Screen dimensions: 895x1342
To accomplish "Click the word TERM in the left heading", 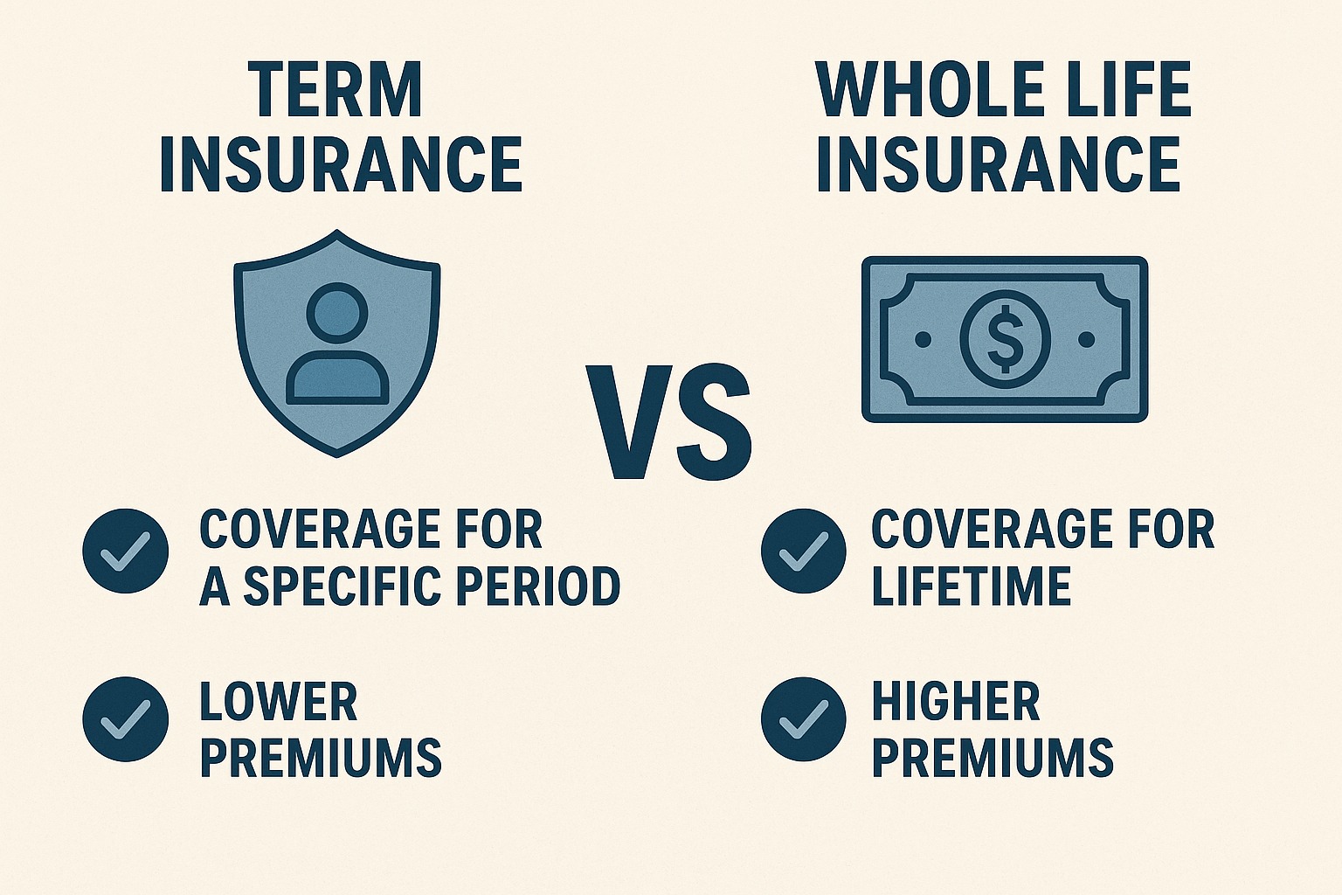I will (x=335, y=89).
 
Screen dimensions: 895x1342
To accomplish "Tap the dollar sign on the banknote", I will (x=1005, y=338).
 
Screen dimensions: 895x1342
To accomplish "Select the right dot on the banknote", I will (x=1087, y=338).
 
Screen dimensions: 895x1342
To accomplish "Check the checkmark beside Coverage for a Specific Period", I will (x=126, y=551).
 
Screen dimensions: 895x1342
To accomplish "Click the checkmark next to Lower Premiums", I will (x=126, y=718).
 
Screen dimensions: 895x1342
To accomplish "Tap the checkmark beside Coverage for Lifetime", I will (x=803, y=551).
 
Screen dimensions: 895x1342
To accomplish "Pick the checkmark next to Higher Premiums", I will (x=803, y=718).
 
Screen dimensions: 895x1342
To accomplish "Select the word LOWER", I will (x=279, y=702).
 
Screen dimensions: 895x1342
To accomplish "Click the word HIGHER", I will (x=956, y=702).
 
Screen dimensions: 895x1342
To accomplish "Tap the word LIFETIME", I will (x=972, y=586).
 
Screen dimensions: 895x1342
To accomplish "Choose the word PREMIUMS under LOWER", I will (x=321, y=757).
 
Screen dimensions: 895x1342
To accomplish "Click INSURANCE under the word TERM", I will (x=341, y=163).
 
